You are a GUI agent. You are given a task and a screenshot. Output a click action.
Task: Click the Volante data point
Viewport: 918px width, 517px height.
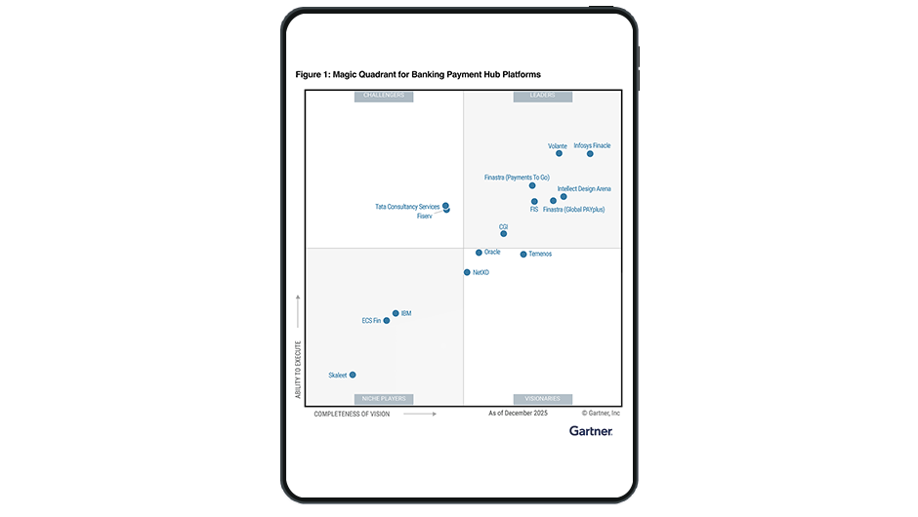(x=560, y=153)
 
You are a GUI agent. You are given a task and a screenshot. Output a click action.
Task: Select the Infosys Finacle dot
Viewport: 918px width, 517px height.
(x=590, y=153)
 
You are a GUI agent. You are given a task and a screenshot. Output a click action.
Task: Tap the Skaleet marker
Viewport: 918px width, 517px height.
(x=353, y=375)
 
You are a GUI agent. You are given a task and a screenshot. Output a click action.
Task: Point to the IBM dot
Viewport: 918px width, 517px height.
(x=396, y=313)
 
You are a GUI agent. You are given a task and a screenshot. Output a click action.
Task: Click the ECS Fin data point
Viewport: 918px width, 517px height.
(x=387, y=320)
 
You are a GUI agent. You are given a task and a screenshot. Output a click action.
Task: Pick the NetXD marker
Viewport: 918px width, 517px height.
(x=467, y=272)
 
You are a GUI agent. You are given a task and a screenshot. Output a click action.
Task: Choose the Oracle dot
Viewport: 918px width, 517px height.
(x=479, y=252)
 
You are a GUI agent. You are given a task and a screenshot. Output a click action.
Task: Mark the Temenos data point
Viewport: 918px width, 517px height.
(x=522, y=254)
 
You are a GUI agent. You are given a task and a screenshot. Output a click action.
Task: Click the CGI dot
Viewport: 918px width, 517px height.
(x=504, y=233)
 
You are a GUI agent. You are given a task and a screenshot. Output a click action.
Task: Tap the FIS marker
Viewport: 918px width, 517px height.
(x=534, y=202)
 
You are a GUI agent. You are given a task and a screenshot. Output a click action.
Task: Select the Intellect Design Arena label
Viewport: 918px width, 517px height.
(x=584, y=188)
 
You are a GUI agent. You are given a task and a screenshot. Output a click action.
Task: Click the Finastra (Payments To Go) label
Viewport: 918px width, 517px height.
(x=517, y=178)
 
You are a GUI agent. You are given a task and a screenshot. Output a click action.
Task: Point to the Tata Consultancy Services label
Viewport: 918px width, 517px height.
(x=407, y=207)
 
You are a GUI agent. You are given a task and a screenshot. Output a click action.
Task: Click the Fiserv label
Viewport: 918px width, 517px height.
(x=424, y=216)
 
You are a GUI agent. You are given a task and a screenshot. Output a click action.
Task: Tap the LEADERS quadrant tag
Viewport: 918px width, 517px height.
(x=542, y=96)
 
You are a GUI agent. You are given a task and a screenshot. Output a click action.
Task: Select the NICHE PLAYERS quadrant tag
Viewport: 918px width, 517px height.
(x=385, y=399)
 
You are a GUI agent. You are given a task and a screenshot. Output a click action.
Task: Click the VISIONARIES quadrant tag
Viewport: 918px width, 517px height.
(x=542, y=399)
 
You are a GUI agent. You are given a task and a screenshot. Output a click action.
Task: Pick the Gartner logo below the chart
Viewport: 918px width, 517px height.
(x=591, y=430)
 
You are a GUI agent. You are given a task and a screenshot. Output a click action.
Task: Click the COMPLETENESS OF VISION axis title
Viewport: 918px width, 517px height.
(x=352, y=414)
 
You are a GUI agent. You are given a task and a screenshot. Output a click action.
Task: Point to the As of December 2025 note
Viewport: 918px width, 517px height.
(x=518, y=414)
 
